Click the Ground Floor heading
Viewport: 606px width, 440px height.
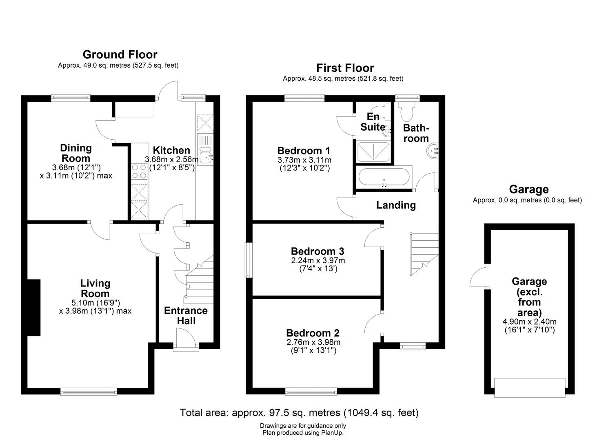point(120,55)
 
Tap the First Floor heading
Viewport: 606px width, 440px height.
point(345,68)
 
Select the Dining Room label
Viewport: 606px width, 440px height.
point(76,153)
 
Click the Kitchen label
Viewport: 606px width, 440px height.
point(171,150)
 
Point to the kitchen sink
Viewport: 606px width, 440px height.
point(205,150)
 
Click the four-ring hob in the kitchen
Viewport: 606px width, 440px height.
point(140,172)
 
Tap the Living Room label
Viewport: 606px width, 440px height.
point(95,288)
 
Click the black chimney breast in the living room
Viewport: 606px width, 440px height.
point(34,308)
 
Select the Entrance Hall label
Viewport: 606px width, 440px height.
point(186,316)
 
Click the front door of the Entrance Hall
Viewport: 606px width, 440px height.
point(186,340)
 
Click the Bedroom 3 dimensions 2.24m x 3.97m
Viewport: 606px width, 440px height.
point(317,261)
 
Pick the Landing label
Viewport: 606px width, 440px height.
point(395,205)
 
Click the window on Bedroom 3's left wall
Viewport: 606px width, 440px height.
point(248,260)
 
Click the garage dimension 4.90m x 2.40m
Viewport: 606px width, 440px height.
point(529,322)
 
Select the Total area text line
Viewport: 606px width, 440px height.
point(299,413)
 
